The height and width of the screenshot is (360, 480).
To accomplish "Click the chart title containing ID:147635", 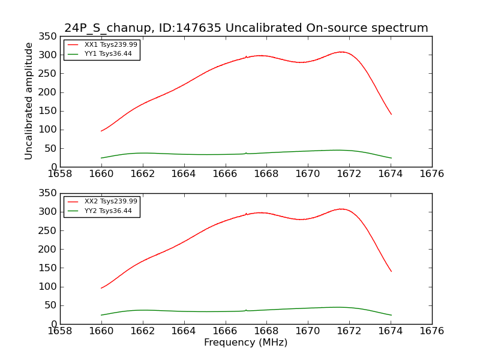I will [246, 28].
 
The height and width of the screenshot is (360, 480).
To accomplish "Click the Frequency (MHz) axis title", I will [246, 343].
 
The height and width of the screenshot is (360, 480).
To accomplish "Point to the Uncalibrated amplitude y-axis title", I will [29, 101].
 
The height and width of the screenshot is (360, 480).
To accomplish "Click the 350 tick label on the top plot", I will [48, 37].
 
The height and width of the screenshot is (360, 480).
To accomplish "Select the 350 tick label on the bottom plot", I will [48, 194].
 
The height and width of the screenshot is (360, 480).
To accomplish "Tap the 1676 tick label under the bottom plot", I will [432, 331].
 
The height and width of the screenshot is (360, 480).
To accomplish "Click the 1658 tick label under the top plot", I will [60, 173].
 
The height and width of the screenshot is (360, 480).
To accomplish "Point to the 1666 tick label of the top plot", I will [226, 173].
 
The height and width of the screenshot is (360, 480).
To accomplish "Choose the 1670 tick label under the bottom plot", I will [308, 331].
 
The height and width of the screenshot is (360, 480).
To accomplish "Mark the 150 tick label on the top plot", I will [48, 111].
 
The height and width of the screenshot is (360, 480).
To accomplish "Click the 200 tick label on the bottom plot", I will [48, 249].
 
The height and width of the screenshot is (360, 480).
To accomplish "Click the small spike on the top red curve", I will [246, 56].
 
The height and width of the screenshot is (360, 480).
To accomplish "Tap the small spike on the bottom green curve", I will [246, 310].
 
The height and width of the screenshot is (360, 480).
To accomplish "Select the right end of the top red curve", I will [391, 114].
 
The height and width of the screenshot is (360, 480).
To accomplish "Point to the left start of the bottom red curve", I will [101, 288].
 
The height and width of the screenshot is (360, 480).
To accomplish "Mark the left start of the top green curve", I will [101, 158].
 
